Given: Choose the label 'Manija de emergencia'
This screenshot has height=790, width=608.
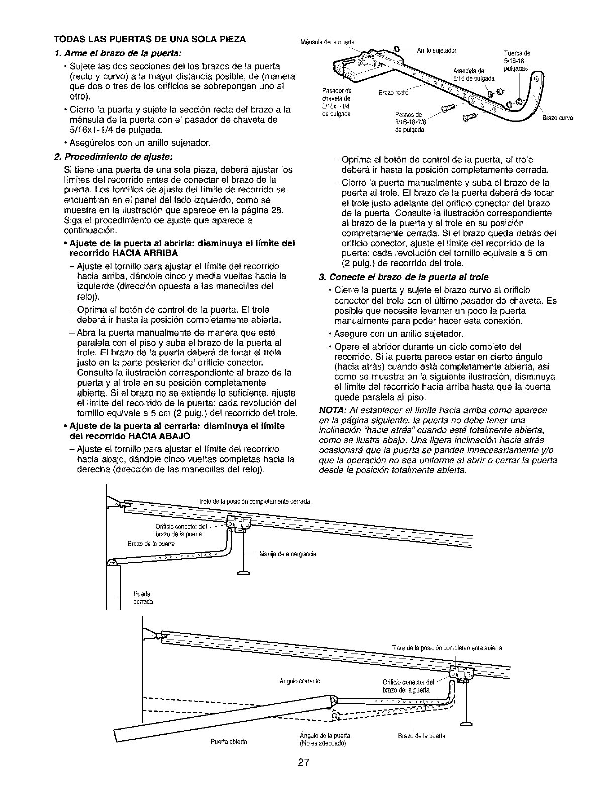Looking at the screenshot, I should pyautogui.click(x=288, y=554).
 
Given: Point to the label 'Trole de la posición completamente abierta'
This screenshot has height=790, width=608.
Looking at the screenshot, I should pyautogui.click(x=447, y=648).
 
